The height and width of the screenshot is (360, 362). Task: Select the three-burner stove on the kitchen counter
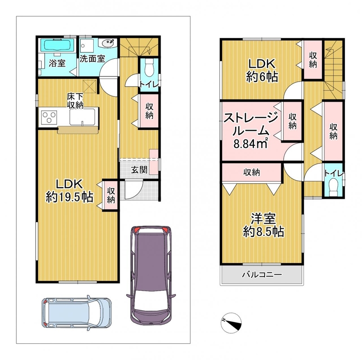click(x=49, y=117)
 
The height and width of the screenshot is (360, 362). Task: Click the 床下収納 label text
click(x=75, y=101)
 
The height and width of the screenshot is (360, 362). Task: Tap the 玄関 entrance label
click(x=139, y=170)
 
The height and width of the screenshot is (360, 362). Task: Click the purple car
click(x=151, y=274)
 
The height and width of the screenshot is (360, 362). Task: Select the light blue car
click(x=76, y=313)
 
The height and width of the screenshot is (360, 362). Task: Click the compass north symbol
click(x=231, y=323)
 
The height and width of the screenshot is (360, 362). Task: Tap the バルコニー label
click(x=262, y=274)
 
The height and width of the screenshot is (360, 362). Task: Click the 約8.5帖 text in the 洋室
click(x=263, y=231)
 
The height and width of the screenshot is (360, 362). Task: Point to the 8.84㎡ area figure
click(x=251, y=144)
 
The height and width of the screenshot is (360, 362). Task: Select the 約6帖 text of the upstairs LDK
click(x=262, y=77)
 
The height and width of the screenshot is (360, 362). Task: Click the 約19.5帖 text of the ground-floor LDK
click(x=70, y=197)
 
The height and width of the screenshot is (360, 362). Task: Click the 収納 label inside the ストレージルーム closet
click(x=292, y=121)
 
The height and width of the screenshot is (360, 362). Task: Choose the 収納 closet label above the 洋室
click(x=252, y=173)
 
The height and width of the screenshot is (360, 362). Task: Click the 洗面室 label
click(x=92, y=59)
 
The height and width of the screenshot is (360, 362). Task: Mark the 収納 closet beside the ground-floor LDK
click(x=111, y=196)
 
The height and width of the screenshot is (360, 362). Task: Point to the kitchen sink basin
click(x=82, y=117)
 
